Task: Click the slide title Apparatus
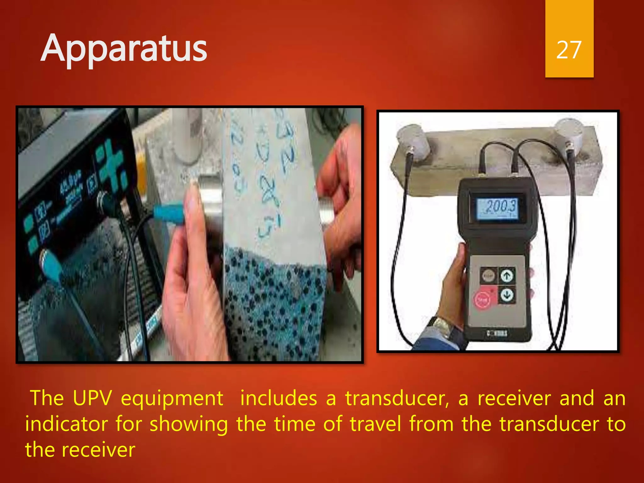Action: coord(124,49)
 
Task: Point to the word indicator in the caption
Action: coord(66,424)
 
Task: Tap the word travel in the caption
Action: coord(375,424)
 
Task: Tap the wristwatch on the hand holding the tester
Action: coord(441,327)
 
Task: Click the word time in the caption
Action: coord(295,424)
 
